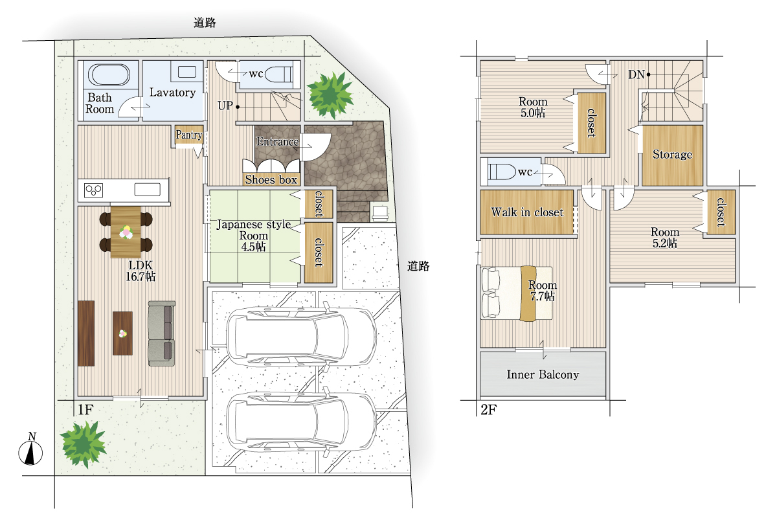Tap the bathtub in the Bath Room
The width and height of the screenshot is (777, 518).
(109, 74)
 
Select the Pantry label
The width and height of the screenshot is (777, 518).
(188, 135)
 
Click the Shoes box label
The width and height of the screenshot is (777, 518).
(271, 179)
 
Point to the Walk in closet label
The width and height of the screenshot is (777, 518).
(527, 212)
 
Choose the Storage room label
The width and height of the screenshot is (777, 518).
(672, 154)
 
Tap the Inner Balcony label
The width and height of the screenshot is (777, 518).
(543, 374)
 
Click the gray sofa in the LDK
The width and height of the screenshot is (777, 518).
(162, 333)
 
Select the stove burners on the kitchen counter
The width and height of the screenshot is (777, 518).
(93, 190)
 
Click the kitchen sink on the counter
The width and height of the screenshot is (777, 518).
(148, 190)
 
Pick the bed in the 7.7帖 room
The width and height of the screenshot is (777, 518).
(517, 293)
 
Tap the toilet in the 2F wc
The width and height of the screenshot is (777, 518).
(502, 172)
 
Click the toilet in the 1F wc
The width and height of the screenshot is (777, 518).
(278, 74)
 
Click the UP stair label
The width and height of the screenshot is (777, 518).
(225, 106)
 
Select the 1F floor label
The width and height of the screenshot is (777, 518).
(85, 410)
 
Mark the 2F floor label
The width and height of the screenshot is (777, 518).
(489, 410)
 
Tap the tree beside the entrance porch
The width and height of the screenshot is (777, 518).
(330, 95)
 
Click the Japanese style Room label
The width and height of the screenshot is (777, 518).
(254, 236)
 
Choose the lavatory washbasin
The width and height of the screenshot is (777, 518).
(187, 72)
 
